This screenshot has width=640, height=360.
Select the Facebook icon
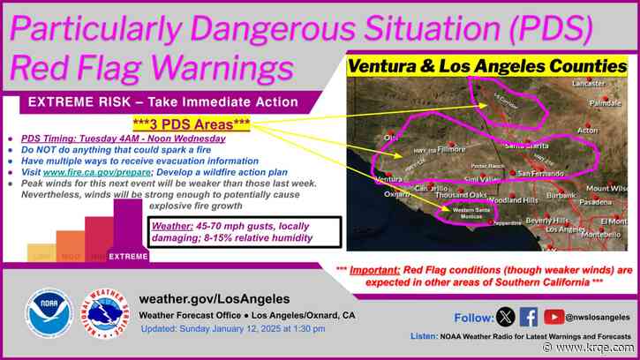(529, 316)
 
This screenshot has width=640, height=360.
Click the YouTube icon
(554, 316)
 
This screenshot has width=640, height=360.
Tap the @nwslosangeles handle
(600, 317)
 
